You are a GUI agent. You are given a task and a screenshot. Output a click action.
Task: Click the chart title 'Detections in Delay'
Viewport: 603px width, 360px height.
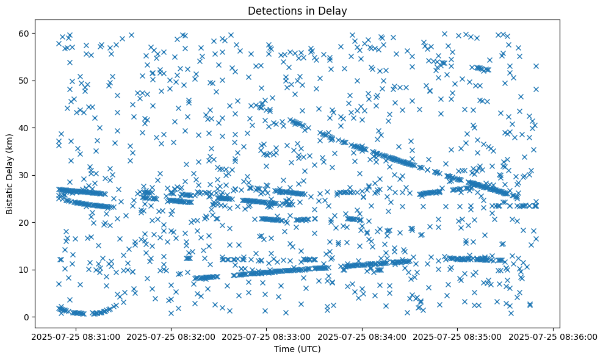(x=296, y=10)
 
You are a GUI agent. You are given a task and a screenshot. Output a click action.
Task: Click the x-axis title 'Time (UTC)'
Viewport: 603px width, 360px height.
(x=296, y=350)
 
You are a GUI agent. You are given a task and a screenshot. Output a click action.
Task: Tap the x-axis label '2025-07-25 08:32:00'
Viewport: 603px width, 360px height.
(x=170, y=337)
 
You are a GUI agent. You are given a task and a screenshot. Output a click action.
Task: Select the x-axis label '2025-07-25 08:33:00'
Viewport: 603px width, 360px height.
(x=267, y=337)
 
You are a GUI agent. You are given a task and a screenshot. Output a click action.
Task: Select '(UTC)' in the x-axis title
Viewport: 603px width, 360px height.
(x=309, y=350)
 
